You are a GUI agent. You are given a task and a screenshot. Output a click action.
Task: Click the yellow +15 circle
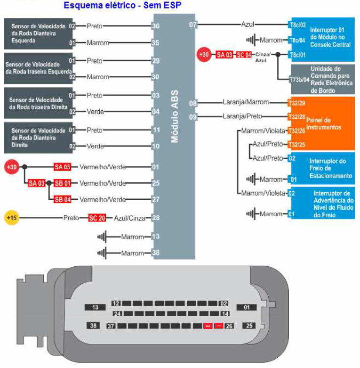[x=11, y=218]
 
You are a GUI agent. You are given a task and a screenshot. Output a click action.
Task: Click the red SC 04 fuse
[x=244, y=55]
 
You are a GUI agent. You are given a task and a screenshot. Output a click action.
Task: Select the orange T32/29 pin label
[x=296, y=102]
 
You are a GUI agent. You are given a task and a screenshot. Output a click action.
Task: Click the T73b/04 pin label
[x=299, y=80]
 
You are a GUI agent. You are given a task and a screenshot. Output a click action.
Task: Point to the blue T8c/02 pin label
[x=297, y=25]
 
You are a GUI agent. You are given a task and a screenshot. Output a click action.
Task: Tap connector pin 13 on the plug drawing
[x=95, y=307]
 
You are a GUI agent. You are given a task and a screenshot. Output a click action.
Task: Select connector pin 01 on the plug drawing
[x=246, y=307]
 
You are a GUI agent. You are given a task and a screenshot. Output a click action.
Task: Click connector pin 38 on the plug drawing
[x=93, y=326]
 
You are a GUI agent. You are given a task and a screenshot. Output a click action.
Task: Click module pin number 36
[x=155, y=26]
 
